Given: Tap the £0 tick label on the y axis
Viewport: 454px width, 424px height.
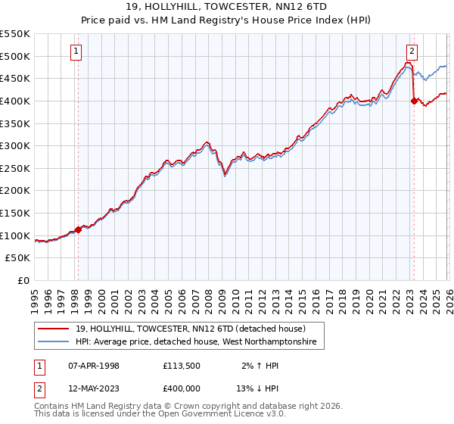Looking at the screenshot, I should pos(24,281).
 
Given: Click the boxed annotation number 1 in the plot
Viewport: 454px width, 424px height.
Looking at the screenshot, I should pos(77,51).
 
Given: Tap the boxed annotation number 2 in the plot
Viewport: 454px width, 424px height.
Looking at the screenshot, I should pos(412,51).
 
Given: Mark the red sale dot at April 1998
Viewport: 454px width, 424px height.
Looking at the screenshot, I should pos(78,229).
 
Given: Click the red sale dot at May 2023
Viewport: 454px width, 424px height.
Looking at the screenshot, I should pos(414,101).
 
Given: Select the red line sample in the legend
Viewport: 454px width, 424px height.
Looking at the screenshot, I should pos(54,329).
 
